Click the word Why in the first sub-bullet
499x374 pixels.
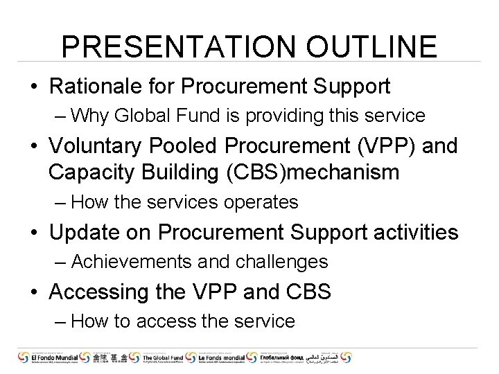click(x=87, y=115)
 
